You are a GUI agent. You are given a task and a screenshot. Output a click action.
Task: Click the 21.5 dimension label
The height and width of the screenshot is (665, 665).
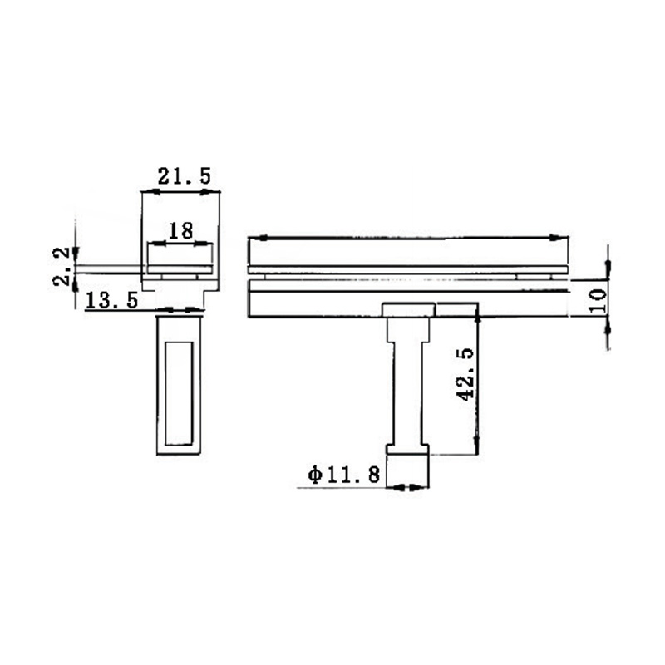pos(185,176)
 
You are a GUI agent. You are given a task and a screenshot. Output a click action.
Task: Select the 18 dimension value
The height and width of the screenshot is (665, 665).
pos(181,231)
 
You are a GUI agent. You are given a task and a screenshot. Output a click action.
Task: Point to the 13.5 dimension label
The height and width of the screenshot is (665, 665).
pos(111,300)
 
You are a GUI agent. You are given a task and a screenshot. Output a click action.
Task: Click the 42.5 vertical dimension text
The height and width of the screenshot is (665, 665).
pos(466,374)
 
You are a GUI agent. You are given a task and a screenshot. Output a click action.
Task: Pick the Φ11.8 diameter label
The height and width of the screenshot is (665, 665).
pos(343,475)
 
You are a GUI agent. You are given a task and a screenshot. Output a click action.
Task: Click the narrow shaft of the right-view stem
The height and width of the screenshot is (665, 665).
pos(408,391)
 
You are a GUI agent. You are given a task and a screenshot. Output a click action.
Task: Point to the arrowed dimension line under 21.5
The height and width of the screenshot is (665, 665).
pos(181,192)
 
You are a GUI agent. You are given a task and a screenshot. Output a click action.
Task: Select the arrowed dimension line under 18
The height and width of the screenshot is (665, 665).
pos(181,244)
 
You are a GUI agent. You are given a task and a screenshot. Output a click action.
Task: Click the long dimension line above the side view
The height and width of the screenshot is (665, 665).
pos(408,238)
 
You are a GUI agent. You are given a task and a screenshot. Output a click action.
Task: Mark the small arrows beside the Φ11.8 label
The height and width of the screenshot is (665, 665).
pos(408,487)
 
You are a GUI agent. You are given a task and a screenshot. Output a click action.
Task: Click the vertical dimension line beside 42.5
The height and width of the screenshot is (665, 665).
pos(477,378)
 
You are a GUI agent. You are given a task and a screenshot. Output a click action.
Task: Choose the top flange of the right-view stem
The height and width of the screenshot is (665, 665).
pos(408,310)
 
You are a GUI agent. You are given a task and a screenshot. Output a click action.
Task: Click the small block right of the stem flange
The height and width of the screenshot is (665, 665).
pos(456,310)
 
